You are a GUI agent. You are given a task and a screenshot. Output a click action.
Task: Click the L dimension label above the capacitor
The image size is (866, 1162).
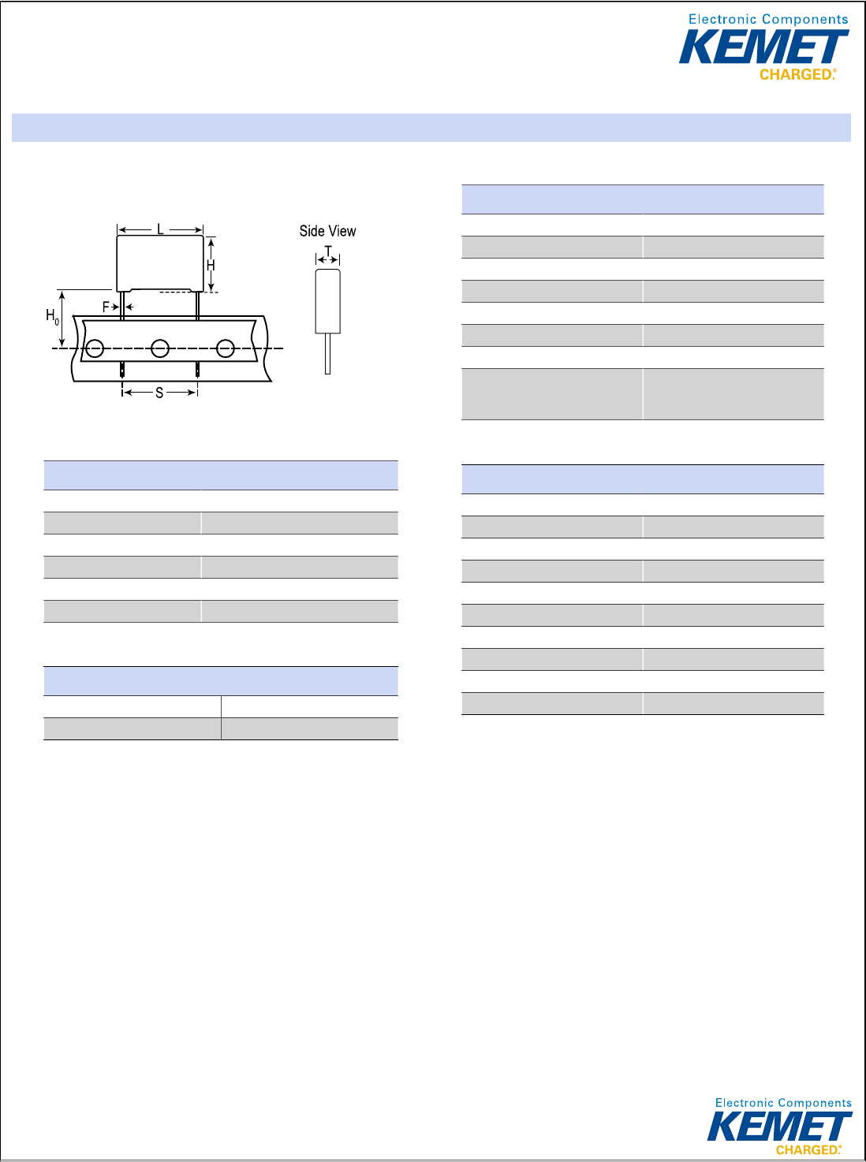pyautogui.click(x=160, y=229)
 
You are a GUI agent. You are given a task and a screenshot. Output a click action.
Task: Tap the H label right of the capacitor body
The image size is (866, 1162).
pyautogui.click(x=211, y=266)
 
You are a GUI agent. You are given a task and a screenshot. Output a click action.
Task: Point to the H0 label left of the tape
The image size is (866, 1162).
pyautogui.click(x=52, y=317)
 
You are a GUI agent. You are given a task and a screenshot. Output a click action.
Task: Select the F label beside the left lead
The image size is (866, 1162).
pyautogui.click(x=106, y=307)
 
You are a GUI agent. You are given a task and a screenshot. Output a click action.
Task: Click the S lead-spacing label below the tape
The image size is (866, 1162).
pyautogui.click(x=159, y=393)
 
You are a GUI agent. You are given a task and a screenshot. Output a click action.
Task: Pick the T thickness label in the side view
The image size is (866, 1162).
pyautogui.click(x=328, y=252)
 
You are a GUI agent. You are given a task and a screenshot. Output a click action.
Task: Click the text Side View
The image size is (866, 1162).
pyautogui.click(x=327, y=231)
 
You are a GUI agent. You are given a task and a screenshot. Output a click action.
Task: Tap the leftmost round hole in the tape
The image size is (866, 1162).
pyautogui.click(x=95, y=348)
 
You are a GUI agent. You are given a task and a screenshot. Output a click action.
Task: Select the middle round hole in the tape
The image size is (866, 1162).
pyautogui.click(x=160, y=348)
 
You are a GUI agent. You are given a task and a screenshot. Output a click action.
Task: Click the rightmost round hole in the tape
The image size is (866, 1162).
pyautogui.click(x=226, y=348)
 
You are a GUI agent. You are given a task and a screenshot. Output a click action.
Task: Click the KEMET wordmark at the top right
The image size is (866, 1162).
pyautogui.click(x=763, y=47)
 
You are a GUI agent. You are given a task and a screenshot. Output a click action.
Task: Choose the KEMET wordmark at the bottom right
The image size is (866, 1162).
pyautogui.click(x=778, y=1126)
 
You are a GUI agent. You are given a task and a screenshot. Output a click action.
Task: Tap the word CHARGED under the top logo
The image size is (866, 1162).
pyautogui.click(x=796, y=75)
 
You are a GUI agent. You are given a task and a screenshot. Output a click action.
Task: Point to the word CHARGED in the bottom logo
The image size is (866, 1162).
pyautogui.click(x=807, y=1150)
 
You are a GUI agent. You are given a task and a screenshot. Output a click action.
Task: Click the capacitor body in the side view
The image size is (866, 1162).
pyautogui.click(x=328, y=301)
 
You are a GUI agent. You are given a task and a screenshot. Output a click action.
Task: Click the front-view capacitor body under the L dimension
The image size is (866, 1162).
pyautogui.click(x=160, y=263)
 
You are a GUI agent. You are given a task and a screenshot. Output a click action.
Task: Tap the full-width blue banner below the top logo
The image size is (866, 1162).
pyautogui.click(x=431, y=128)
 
